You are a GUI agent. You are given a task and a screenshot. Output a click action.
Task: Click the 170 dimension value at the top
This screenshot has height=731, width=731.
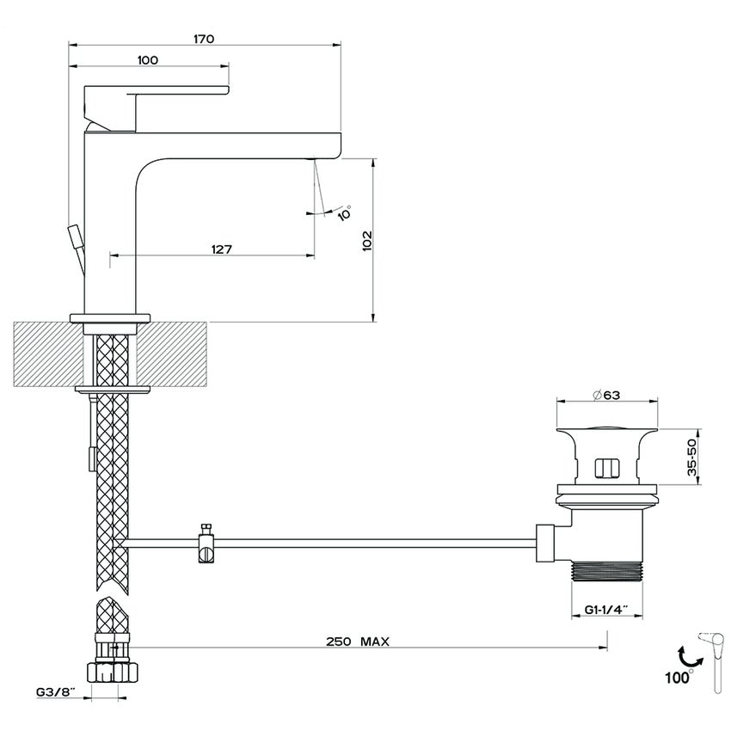click(x=204, y=39)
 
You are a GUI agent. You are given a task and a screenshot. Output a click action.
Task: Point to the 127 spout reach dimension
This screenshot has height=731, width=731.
click(x=221, y=249)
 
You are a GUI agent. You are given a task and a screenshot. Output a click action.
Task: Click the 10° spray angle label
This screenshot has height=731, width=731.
click(x=344, y=213)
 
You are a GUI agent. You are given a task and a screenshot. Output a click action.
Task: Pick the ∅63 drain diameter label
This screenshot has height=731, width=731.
click(x=608, y=395)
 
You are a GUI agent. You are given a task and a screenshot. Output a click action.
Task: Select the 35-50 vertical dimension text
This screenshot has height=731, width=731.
click(x=699, y=459)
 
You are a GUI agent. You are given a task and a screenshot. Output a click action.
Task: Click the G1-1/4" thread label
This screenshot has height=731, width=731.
click(x=607, y=609)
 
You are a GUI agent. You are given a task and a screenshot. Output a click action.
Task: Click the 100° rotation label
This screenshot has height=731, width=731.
click(x=678, y=676)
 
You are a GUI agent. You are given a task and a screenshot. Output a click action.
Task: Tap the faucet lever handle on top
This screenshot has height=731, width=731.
click(x=155, y=89)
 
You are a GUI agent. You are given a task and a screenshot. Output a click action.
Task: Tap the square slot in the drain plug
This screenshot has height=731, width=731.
click(x=607, y=468)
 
